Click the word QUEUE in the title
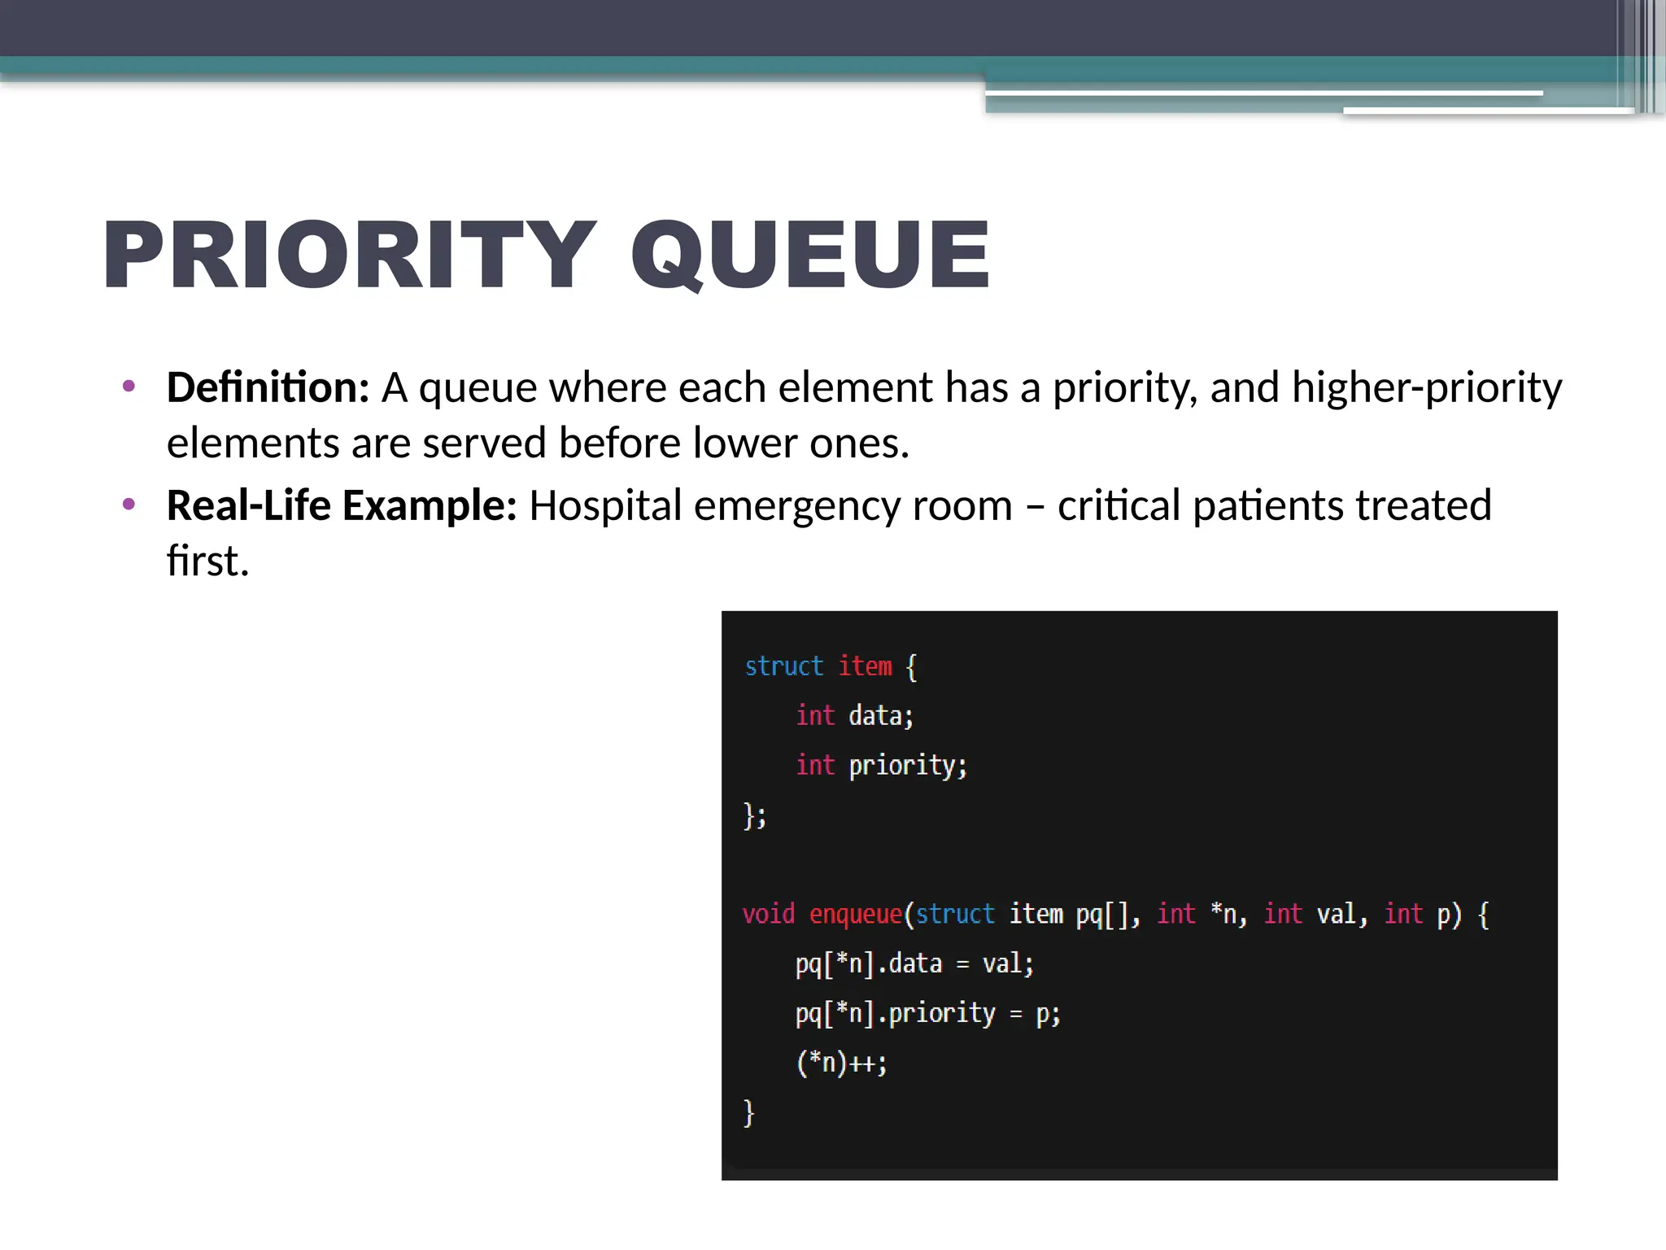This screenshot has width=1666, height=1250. coord(810,255)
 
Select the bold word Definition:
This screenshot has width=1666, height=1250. coord(268,387)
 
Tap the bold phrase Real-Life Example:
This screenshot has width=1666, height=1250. coord(342,505)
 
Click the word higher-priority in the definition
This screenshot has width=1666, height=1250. coord(1427,387)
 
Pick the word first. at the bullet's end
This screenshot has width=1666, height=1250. coord(207,561)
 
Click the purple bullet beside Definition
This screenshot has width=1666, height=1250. coord(129,386)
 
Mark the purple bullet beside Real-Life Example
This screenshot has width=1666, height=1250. coord(129,505)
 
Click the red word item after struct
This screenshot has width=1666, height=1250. coord(866,667)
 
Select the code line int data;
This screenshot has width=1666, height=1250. coord(854,716)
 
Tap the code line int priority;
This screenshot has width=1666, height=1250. coord(881,766)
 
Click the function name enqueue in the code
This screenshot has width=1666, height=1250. coord(856,915)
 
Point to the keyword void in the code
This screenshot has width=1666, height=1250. coord(768,915)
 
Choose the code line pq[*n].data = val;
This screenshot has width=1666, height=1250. coord(914,964)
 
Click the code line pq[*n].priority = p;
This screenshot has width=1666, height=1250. coord(927,1014)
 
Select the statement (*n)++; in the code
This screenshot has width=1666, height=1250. coord(841,1064)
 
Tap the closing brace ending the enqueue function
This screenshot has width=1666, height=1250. coord(749,1112)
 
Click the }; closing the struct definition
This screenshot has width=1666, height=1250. coord(755,815)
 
